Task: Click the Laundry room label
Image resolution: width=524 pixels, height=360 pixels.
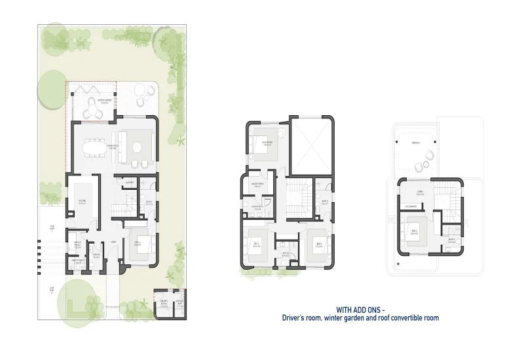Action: [x=130, y=183]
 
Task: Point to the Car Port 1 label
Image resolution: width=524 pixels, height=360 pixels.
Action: [x=52, y=228]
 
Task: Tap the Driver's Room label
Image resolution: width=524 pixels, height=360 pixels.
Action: [x=164, y=302]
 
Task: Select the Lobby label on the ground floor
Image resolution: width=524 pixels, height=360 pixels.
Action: [x=114, y=242]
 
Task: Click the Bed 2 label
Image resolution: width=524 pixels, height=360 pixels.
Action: [x=255, y=244]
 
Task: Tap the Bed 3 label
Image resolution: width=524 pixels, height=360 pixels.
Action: [x=318, y=244]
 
